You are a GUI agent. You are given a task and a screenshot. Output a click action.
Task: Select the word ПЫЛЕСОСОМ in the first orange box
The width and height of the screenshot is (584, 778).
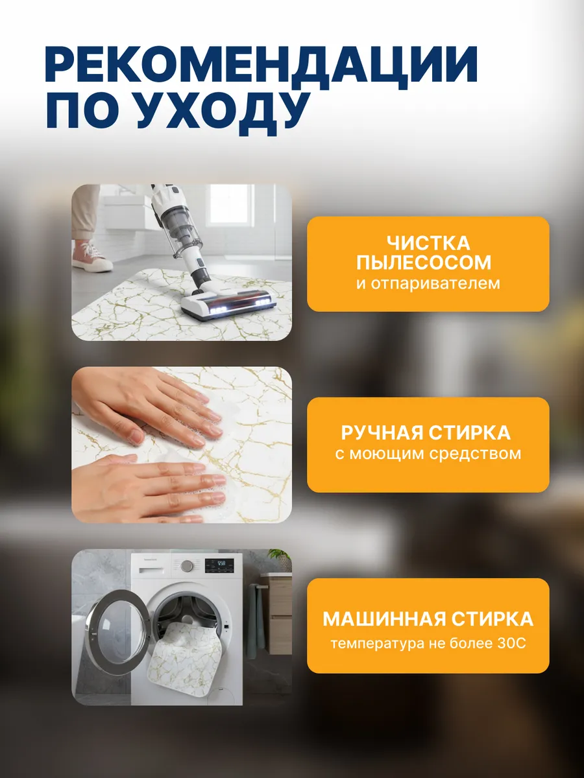[x=428, y=263]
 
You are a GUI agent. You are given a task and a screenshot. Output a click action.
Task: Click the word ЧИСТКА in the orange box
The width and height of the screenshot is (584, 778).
[x=428, y=244]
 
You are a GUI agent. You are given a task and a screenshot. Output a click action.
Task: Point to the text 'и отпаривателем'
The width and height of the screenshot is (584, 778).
[x=428, y=283]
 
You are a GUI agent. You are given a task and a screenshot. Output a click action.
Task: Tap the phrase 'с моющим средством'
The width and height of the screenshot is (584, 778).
[x=428, y=453]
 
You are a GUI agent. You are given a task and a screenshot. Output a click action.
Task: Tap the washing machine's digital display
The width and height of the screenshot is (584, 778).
[x=219, y=564]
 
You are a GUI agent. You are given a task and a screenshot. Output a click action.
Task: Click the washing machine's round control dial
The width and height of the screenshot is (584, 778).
[x=187, y=565]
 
